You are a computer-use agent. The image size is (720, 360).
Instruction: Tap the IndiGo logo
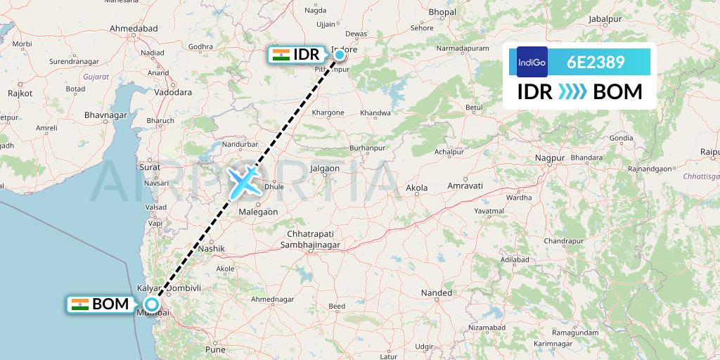(532, 62)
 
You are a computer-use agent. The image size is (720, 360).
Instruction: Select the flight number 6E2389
(596, 62)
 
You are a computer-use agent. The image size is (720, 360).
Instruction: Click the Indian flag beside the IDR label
(281, 55)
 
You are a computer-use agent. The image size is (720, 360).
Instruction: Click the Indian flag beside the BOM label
(80, 304)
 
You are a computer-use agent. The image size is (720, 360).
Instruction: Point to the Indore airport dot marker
(339, 54)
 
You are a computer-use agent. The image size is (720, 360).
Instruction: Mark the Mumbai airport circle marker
(151, 305)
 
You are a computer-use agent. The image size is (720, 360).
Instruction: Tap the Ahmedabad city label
(136, 27)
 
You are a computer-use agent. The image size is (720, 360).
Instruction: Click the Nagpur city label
(550, 158)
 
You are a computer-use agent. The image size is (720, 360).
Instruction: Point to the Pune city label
(214, 349)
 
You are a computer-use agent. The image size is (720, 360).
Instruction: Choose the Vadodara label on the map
(172, 92)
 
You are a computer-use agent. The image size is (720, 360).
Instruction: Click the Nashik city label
(211, 248)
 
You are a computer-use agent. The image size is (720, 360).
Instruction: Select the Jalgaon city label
(325, 169)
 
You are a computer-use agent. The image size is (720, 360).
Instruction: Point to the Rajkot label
(20, 94)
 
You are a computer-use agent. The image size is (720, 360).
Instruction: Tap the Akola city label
(417, 188)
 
